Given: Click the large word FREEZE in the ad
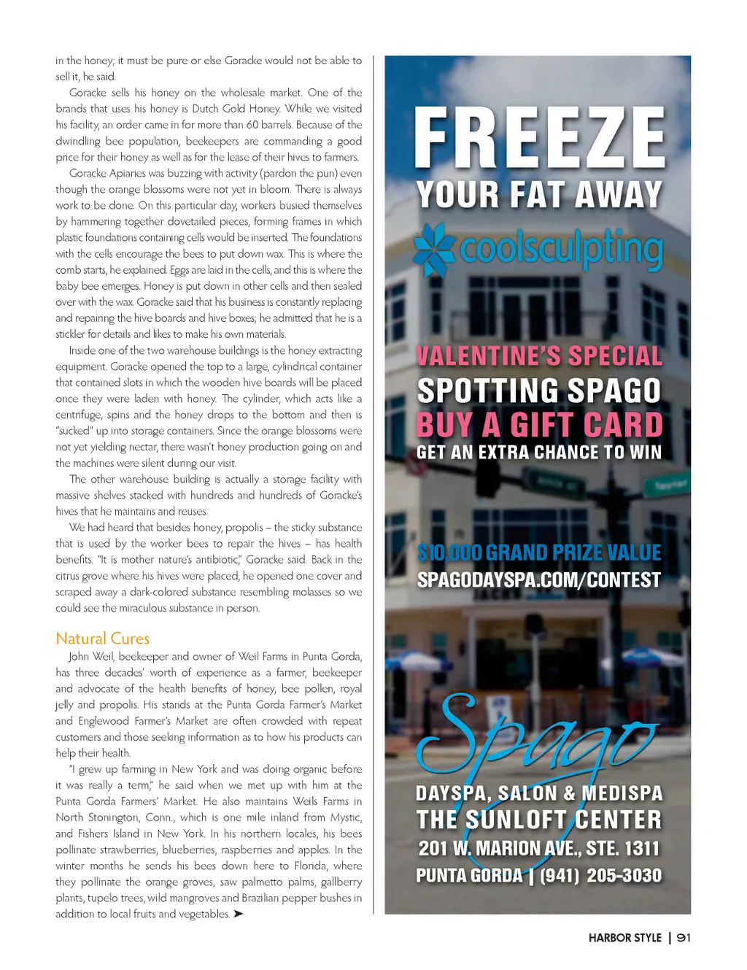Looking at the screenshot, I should coord(539,138).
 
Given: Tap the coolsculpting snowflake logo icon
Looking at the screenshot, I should coord(434,249).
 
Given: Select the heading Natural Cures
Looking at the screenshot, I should coord(103,639).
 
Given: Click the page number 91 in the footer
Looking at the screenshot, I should coord(684,938).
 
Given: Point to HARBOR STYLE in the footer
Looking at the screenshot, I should coord(624,938).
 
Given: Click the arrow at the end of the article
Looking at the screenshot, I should coord(238,914).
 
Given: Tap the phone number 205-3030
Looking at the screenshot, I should coord(624,875).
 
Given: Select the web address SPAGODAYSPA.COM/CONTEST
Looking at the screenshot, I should coord(539,580).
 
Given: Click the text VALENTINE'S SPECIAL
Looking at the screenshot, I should coord(539,356).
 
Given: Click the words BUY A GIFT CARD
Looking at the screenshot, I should coord(539,425).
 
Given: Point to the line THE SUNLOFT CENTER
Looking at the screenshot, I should coord(539,820).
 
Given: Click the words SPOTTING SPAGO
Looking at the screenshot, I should coord(539,391).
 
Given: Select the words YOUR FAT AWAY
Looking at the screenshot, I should coord(539,195).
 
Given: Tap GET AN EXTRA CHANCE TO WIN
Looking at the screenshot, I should coord(539,453).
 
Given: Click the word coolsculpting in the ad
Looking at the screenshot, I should coord(561,249).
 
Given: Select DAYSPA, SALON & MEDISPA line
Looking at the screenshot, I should coord(539,793).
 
